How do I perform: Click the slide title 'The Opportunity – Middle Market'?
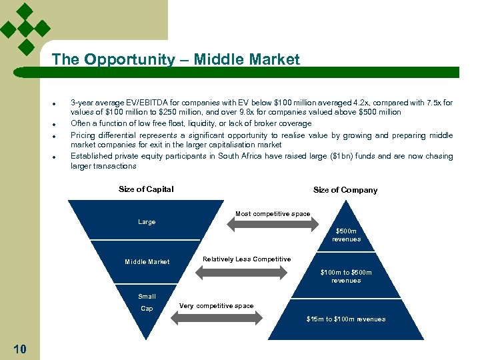(176, 59)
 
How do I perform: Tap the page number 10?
(19, 349)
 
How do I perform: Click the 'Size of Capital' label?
(146, 189)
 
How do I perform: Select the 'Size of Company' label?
(345, 190)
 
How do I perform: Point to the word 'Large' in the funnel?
(147, 222)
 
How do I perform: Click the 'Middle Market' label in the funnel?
(147, 262)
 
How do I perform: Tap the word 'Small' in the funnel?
(147, 297)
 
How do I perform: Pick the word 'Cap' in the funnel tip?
(147, 309)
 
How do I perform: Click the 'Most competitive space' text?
(272, 214)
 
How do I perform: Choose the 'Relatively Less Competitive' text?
(247, 259)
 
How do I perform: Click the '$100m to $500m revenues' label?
(346, 276)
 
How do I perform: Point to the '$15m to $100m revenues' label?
(346, 319)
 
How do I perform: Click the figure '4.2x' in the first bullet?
(345, 103)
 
